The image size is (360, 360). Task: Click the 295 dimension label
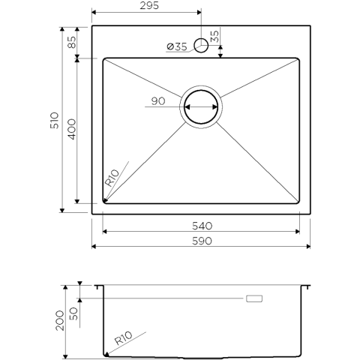[149, 5]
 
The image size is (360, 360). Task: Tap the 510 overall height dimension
[55, 121]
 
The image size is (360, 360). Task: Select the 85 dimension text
[72, 42]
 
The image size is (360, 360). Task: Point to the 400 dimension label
[72, 129]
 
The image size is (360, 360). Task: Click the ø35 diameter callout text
[177, 46]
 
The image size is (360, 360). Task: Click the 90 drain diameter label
[158, 101]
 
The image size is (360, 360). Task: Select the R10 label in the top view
[112, 178]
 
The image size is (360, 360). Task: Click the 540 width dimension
[202, 226]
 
